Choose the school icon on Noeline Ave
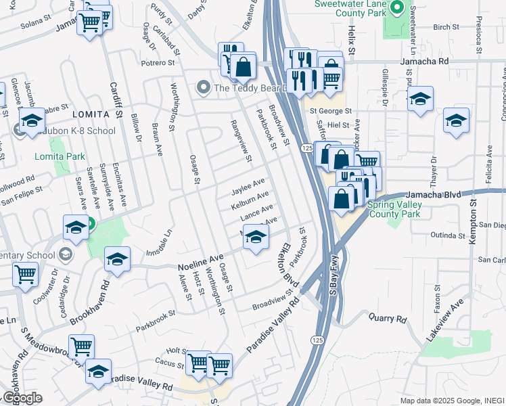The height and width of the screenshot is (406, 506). pos(255,238)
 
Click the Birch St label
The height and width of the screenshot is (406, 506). pos(446,27)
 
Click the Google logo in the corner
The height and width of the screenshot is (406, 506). pos(22,397)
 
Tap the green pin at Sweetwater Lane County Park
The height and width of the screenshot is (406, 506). pos(397,8)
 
